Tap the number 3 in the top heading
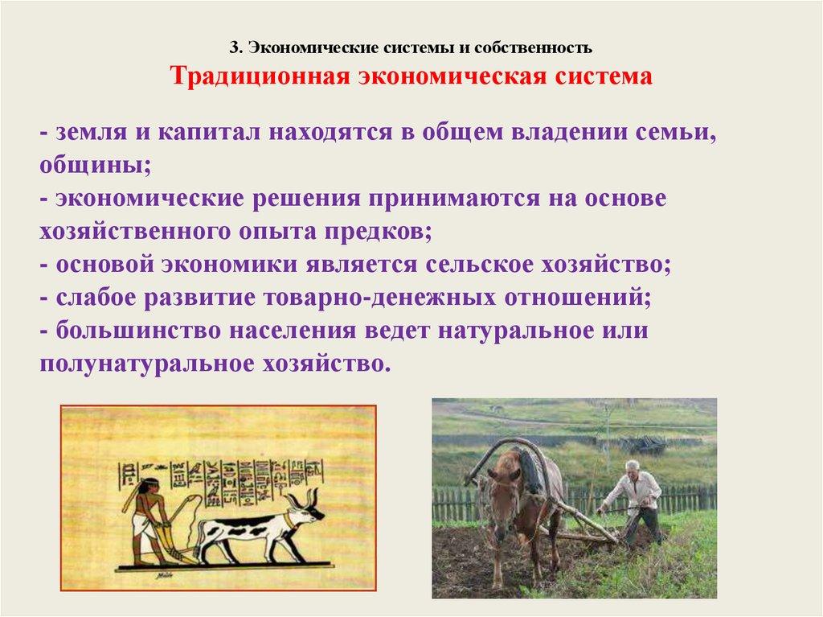(235, 48)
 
